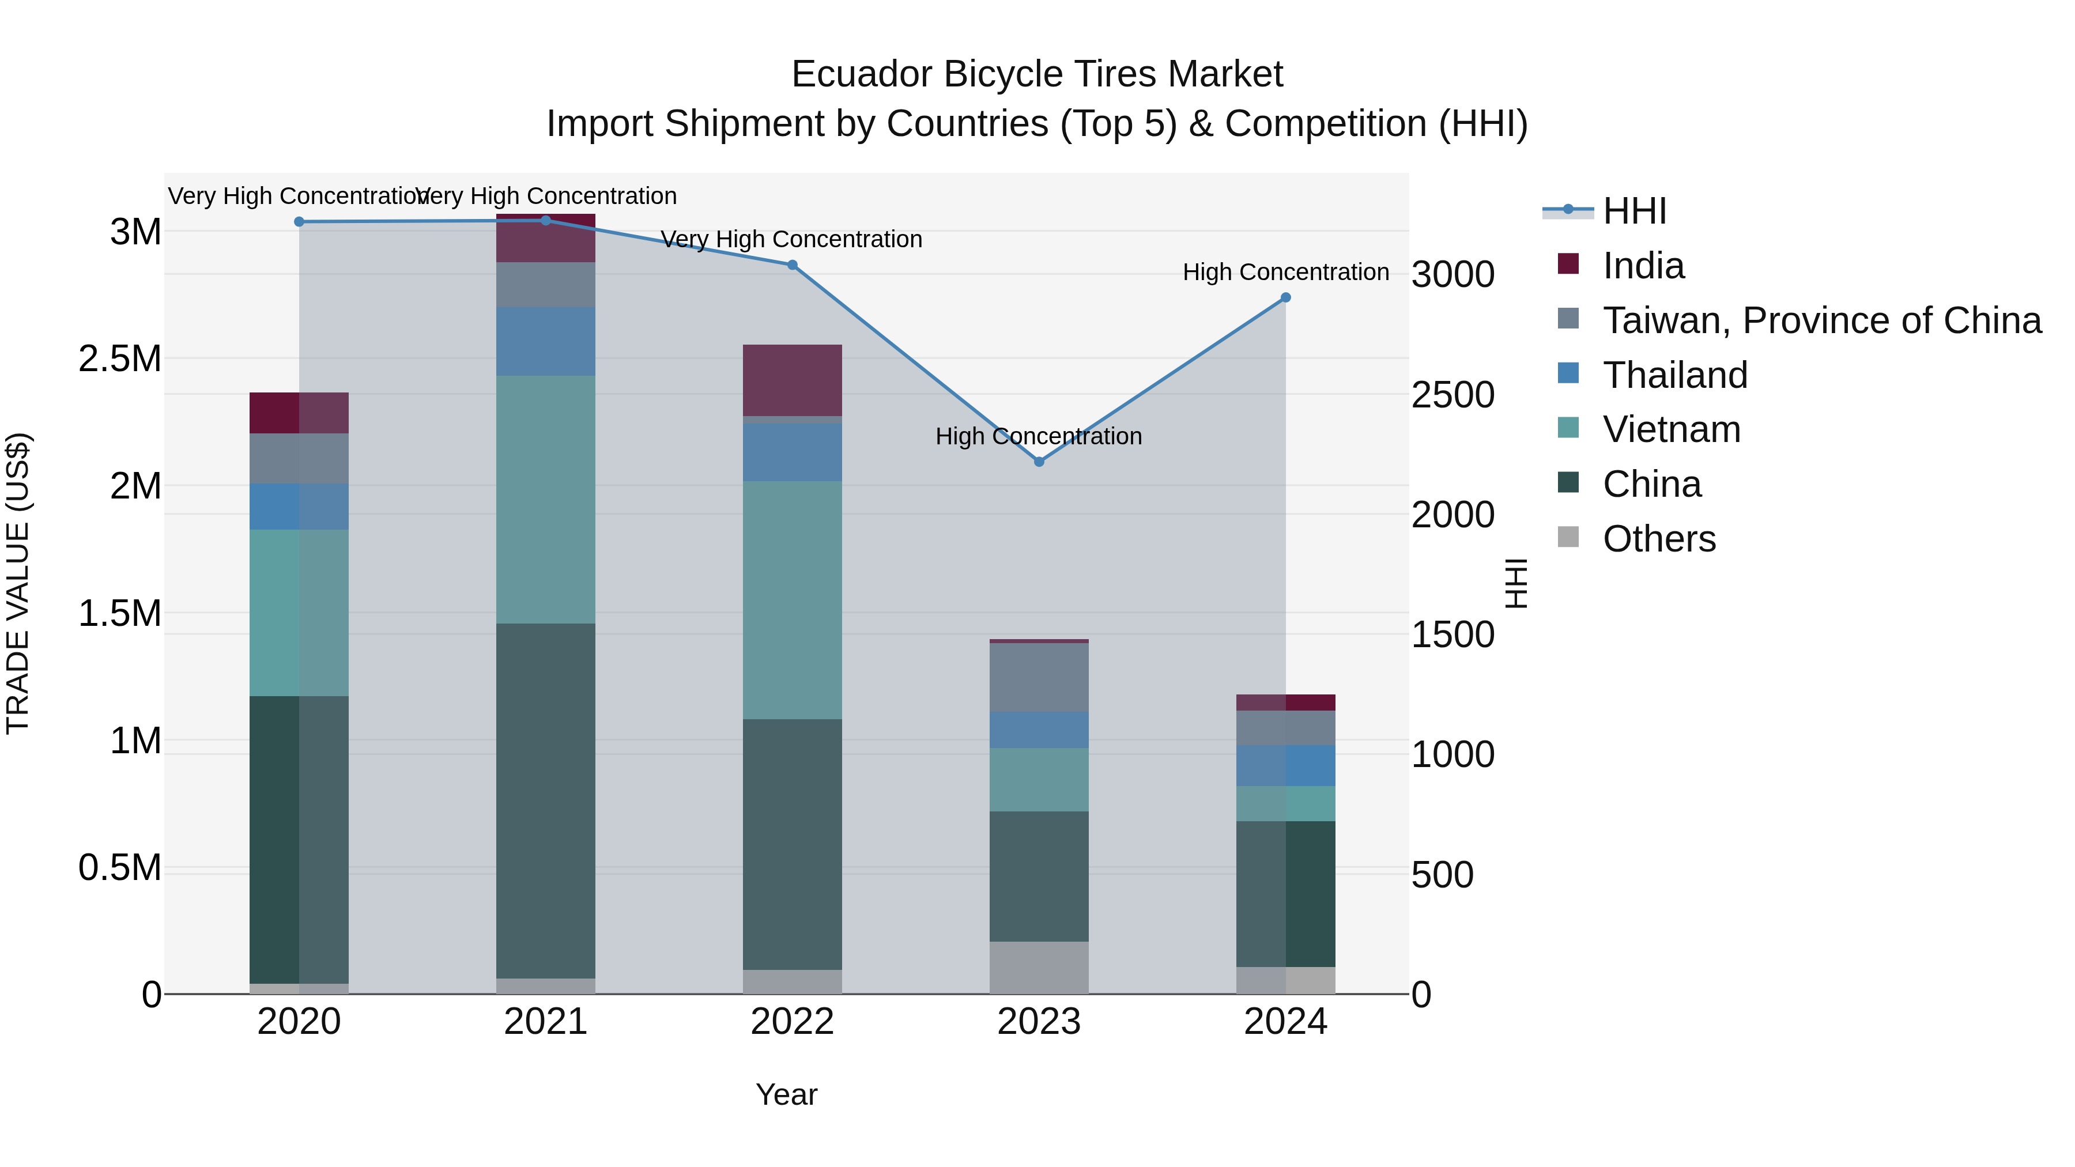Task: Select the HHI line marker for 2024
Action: pyautogui.click(x=1285, y=297)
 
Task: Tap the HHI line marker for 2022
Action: pyautogui.click(x=792, y=265)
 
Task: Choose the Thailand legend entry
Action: pyautogui.click(x=1674, y=375)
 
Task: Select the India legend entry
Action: pyautogui.click(x=1643, y=266)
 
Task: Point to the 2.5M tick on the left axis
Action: pyautogui.click(x=119, y=359)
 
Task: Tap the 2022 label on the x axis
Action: pyautogui.click(x=792, y=1022)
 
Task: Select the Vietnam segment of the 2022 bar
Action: pyautogui.click(x=792, y=600)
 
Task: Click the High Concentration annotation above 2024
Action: pyautogui.click(x=1285, y=272)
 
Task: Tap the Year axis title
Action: pyautogui.click(x=786, y=1094)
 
